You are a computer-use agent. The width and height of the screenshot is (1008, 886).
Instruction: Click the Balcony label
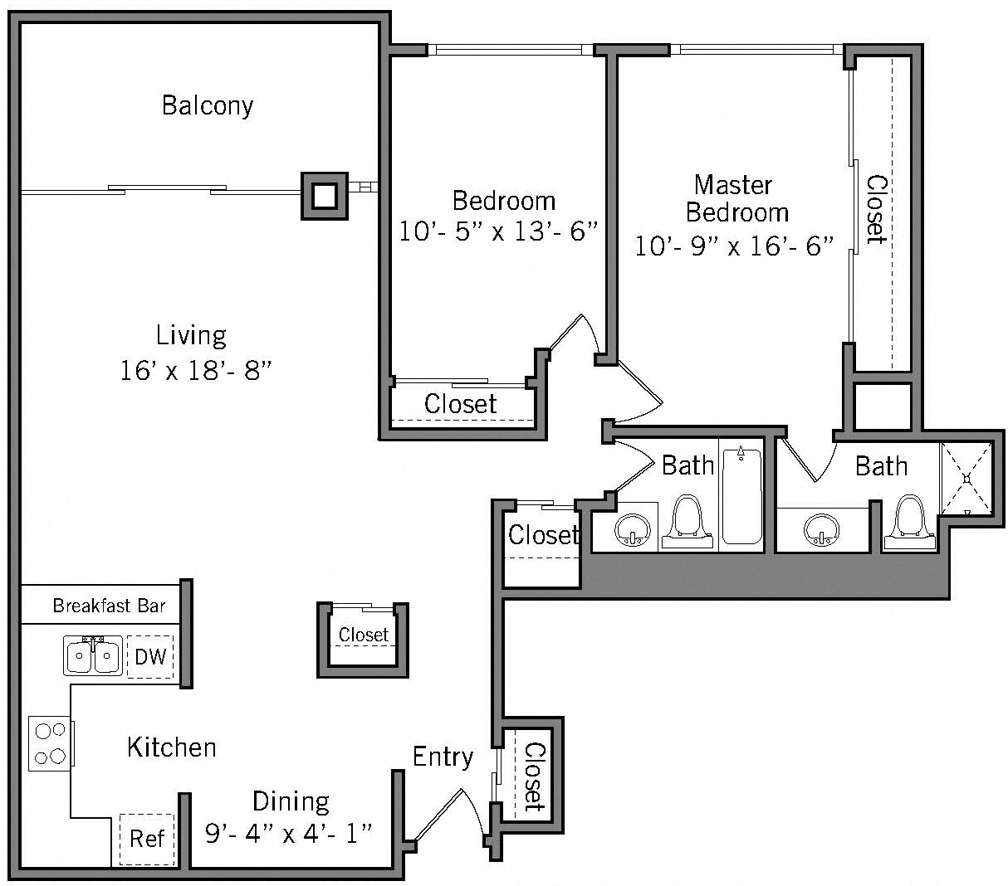(x=208, y=105)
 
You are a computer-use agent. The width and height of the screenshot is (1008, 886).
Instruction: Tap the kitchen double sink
(x=93, y=656)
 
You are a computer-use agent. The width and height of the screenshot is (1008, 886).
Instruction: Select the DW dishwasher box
(x=150, y=657)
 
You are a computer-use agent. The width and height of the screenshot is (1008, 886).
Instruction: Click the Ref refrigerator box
(x=147, y=838)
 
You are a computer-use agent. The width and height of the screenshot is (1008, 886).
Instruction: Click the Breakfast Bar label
(x=109, y=606)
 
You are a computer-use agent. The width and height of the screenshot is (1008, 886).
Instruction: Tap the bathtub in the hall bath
(x=741, y=495)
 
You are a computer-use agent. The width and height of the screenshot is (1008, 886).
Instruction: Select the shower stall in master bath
(x=966, y=479)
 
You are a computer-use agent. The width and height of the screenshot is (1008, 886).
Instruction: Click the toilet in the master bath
(x=910, y=523)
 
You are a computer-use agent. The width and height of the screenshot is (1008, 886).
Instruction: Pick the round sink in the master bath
(x=822, y=529)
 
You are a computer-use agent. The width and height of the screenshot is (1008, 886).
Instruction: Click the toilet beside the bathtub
(x=687, y=523)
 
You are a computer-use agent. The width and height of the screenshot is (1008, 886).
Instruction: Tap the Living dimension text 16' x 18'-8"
(x=196, y=370)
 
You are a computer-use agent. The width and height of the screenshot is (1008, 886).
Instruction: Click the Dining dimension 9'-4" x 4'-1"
(x=288, y=832)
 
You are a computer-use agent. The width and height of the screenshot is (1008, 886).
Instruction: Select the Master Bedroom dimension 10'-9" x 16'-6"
(x=734, y=246)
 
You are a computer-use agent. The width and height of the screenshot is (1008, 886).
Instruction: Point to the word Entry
(x=443, y=757)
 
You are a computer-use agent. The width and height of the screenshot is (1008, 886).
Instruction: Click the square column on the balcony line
(x=325, y=196)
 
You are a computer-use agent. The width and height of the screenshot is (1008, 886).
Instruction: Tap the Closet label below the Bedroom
(x=460, y=404)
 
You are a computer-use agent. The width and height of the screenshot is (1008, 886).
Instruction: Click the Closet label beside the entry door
(x=534, y=776)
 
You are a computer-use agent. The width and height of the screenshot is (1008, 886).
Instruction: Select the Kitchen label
(x=172, y=747)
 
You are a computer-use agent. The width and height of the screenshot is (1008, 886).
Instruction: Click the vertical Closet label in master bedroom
(x=876, y=209)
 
